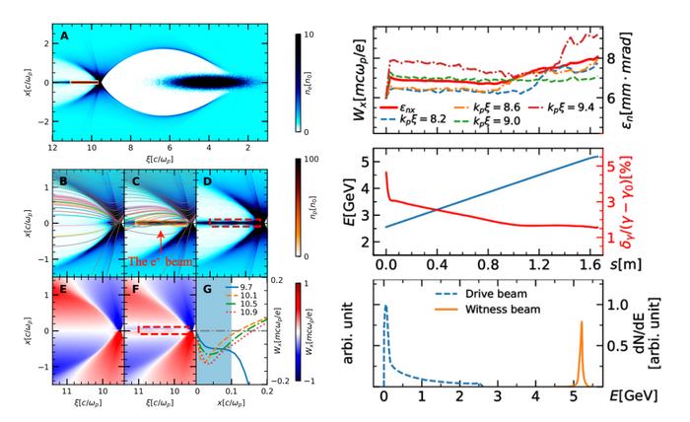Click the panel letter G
click(x=204, y=290)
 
